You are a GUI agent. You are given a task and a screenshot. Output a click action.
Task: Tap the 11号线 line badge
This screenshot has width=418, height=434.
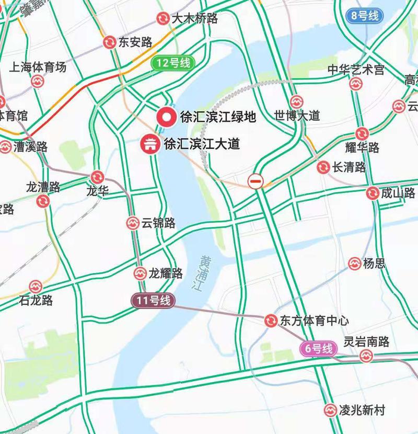coord(153,301)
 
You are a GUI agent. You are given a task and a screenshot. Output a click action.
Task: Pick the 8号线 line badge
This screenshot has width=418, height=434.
coord(365,16)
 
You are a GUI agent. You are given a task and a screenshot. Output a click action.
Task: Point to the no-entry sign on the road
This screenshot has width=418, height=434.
coord(256,181)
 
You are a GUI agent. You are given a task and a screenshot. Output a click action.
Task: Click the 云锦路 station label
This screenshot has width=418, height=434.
coord(158,223)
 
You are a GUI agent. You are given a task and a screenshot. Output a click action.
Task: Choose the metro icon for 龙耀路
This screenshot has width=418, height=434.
coord(140,273)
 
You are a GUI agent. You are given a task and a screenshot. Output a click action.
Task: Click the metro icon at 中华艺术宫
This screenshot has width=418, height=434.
coord(356,84)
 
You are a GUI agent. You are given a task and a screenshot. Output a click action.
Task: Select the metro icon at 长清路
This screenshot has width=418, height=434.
coord(323,167)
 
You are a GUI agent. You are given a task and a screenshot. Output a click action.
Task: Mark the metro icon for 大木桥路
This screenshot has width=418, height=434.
coord(163,19)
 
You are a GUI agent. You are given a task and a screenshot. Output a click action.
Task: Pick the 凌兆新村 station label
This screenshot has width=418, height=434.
coord(361,410)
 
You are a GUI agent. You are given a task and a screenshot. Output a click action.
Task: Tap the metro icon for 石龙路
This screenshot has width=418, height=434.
coord(35,287)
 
